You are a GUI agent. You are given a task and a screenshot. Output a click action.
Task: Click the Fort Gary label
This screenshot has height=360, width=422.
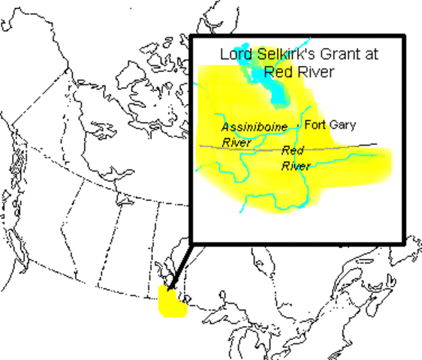pos(331,124)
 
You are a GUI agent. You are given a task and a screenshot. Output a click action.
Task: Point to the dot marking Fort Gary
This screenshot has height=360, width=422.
pos(300,124)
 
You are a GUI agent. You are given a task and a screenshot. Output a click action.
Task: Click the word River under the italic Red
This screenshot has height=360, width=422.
pos(296,166)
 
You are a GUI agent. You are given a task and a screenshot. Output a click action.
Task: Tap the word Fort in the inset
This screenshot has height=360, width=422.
pos(317,124)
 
